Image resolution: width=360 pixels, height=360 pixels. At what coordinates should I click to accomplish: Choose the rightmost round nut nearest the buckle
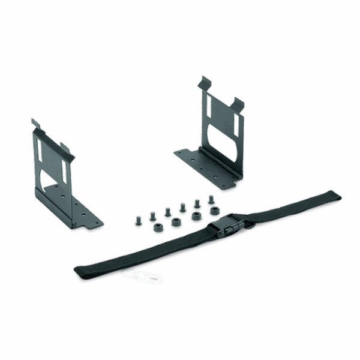[x=213, y=211]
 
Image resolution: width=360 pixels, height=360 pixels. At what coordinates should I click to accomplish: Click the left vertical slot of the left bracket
[x=39, y=150]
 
